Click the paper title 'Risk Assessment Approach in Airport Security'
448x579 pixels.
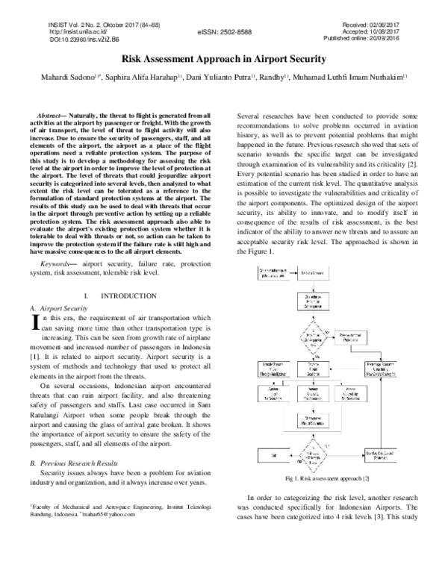coord(223,57)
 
